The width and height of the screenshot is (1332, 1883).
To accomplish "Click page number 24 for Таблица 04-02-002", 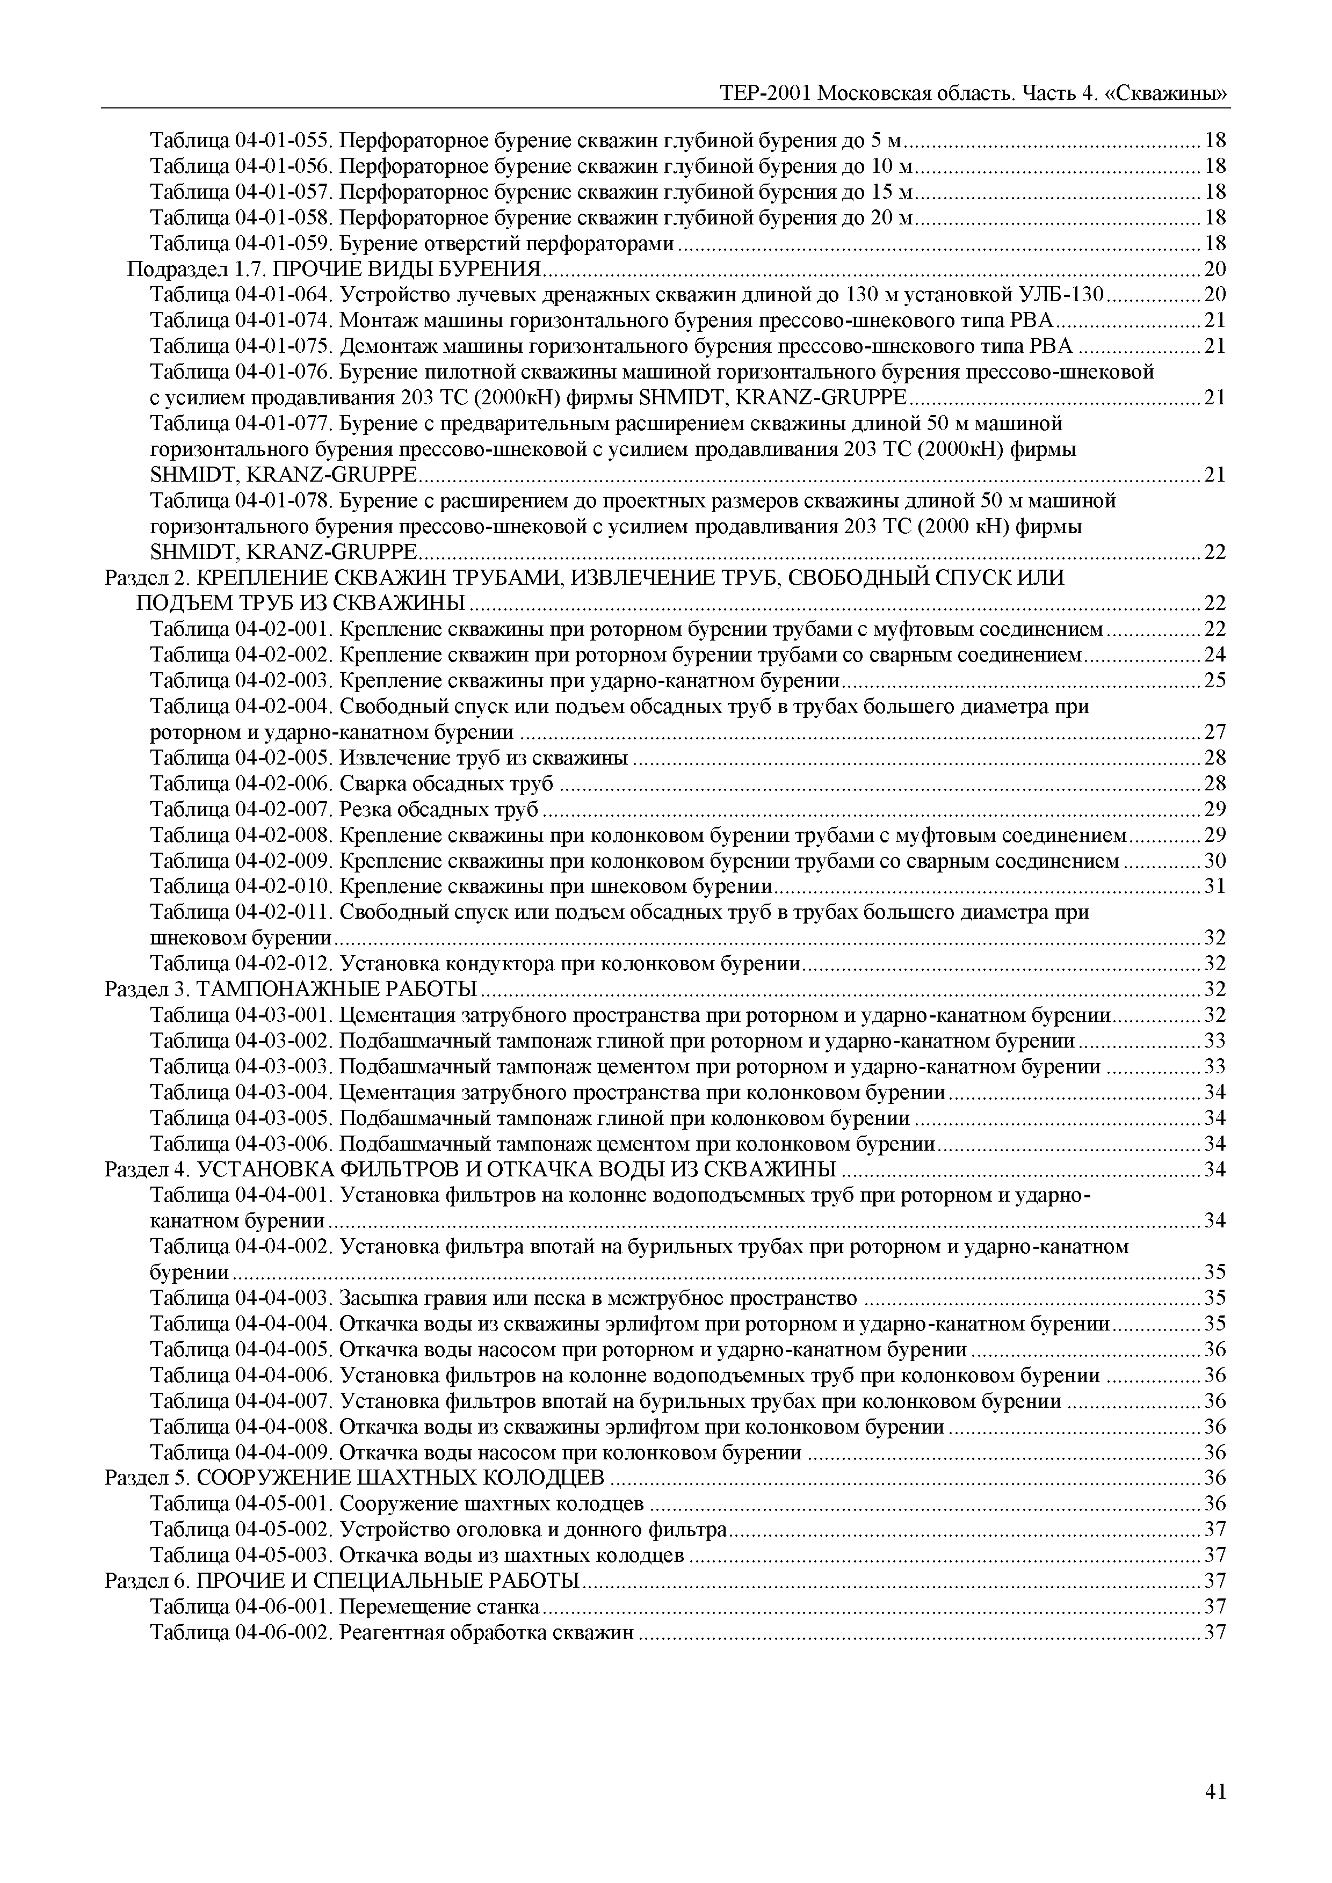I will (x=1215, y=655).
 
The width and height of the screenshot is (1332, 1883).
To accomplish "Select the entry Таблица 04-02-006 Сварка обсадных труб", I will (x=353, y=783).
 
